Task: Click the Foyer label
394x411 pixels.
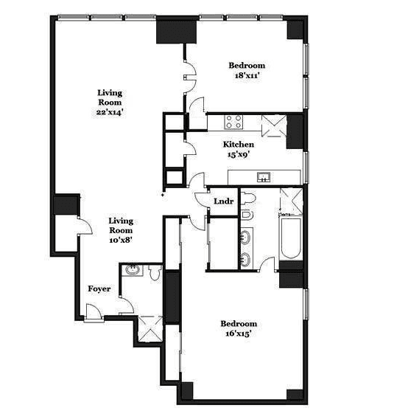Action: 99,289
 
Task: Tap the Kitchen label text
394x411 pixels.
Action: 239,145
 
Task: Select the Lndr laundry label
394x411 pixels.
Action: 224,201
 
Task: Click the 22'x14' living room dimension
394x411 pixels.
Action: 110,112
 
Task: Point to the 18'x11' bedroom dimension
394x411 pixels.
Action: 247,75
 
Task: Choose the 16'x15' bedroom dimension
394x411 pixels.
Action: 239,334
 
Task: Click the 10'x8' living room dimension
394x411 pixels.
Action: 121,240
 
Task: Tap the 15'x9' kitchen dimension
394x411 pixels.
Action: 239,155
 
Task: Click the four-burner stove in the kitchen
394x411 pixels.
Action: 233,122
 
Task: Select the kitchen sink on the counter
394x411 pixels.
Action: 264,177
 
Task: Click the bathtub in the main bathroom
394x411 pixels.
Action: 291,238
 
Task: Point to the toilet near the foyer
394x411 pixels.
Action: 155,272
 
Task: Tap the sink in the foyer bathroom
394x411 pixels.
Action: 133,270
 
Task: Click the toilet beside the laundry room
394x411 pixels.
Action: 247,198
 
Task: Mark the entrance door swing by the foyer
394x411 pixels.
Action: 93,311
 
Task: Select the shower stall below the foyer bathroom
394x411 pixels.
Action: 150,328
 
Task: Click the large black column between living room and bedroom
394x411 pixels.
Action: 176,32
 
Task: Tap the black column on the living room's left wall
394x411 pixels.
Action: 66,204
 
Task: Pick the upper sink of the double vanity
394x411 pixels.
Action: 246,237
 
